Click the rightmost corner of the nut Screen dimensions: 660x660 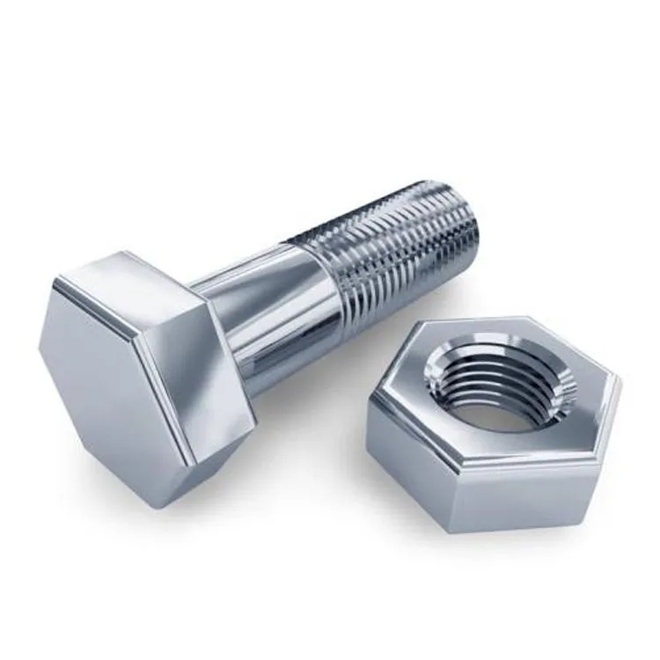click(621, 387)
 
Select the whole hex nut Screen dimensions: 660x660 click(493, 422)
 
